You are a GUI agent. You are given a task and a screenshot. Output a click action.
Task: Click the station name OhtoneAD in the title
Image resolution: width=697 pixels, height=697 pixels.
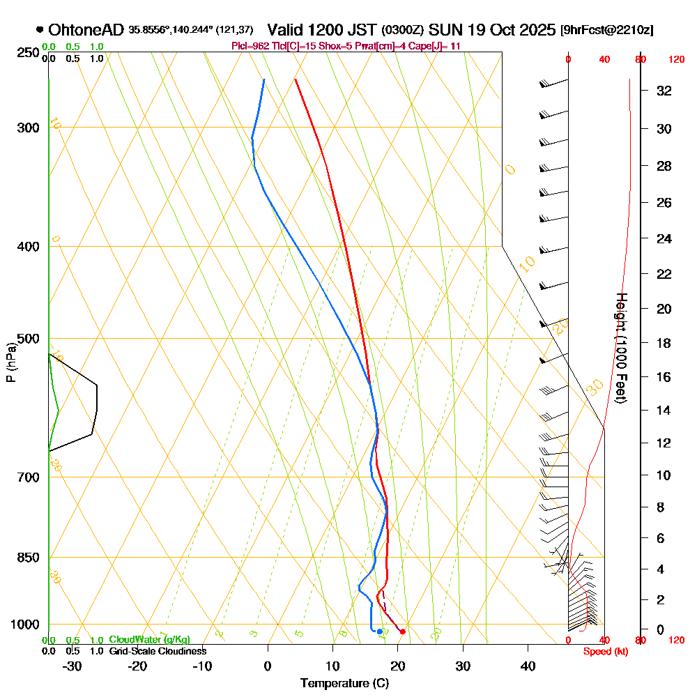pos(86,30)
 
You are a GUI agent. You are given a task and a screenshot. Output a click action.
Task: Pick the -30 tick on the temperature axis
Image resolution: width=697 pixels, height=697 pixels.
pos(72,666)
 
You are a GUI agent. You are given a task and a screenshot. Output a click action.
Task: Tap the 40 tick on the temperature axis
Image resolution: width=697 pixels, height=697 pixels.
pos(528,666)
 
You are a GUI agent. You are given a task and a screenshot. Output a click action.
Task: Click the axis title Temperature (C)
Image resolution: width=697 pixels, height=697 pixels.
pos(344,683)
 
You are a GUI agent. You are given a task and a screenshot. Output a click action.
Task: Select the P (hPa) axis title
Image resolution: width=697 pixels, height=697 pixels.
pos(10,362)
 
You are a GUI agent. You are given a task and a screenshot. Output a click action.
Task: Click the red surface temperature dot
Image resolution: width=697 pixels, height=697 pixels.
pos(402,631)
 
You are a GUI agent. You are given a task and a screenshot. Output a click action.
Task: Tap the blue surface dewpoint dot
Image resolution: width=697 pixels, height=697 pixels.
pos(379,631)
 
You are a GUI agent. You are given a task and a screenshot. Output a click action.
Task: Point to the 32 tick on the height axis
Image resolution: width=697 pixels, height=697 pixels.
pos(664,90)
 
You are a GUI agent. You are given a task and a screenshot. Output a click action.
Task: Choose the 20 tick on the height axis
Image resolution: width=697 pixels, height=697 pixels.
pos(664,309)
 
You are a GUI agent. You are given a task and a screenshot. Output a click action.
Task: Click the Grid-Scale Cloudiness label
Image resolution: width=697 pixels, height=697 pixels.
pos(158,651)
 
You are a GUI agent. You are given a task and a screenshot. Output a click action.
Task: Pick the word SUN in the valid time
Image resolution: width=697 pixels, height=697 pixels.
pos(443,30)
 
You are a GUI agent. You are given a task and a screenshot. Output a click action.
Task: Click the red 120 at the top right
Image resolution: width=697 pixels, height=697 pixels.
pos(676,60)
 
